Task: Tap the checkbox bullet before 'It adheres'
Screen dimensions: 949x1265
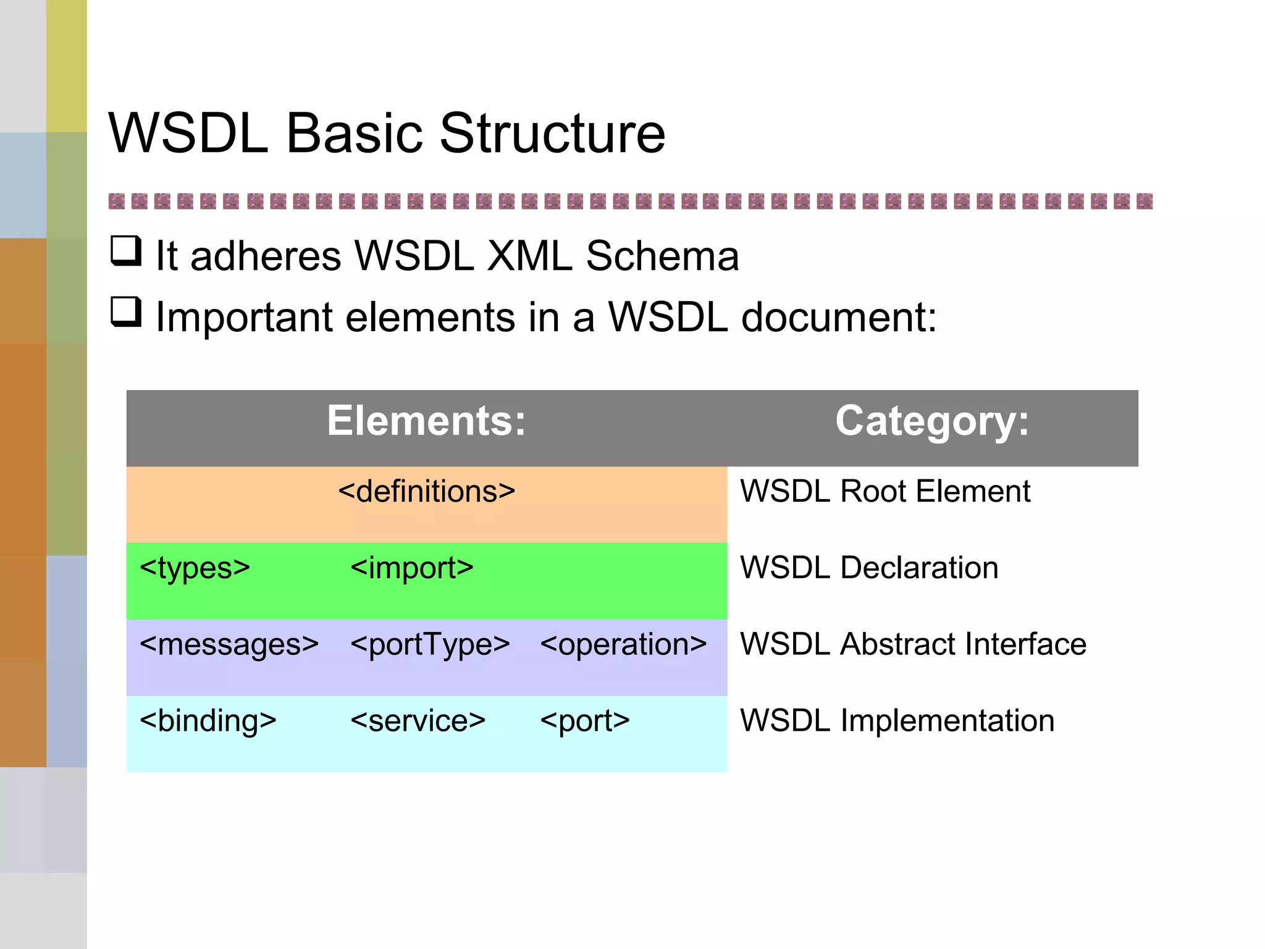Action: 126,251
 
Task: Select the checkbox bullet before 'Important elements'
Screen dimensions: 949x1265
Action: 126,312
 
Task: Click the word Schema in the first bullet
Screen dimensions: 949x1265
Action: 662,256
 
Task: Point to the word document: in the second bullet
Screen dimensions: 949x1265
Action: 838,317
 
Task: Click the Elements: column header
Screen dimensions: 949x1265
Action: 426,421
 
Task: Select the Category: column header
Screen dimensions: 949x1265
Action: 932,421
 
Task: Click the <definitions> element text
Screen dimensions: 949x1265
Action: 426,492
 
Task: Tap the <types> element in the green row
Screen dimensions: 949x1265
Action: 195,568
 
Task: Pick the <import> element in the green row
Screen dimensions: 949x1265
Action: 411,568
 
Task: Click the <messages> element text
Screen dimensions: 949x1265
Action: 229,644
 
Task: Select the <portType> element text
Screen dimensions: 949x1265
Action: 430,644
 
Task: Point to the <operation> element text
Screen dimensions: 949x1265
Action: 623,644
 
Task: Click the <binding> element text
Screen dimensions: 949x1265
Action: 208,721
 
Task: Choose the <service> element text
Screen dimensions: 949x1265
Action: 418,721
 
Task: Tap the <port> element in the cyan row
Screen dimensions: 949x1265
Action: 584,721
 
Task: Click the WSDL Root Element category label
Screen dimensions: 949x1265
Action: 885,492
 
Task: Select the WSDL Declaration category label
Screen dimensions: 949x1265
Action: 868,568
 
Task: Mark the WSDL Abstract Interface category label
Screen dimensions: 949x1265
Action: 913,644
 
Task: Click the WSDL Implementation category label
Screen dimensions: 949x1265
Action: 897,721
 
